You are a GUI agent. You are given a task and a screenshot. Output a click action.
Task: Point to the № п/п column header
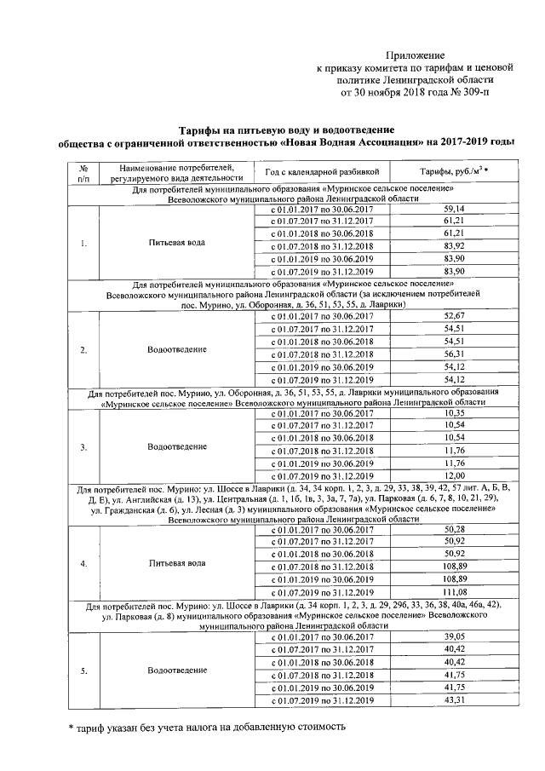coord(83,173)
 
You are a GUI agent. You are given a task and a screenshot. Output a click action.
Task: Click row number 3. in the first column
coord(83,444)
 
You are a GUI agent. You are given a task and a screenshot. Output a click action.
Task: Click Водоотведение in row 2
coord(176,348)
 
